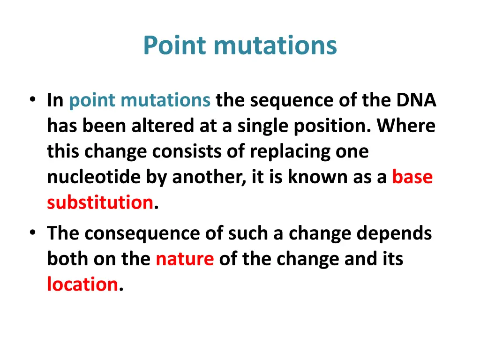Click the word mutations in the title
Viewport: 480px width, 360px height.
click(x=275, y=46)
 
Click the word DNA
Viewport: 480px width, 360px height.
click(x=416, y=101)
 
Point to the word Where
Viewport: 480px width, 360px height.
click(x=406, y=126)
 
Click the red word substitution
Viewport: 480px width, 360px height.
click(x=100, y=202)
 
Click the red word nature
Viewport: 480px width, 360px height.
click(x=185, y=259)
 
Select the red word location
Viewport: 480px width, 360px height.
click(x=82, y=284)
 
